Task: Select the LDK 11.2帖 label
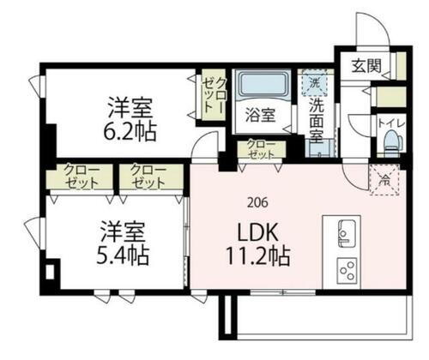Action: [x=257, y=243]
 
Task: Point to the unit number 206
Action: [x=257, y=203]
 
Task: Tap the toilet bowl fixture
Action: [x=392, y=141]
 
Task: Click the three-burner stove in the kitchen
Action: [x=347, y=271]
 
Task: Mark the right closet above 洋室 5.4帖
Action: [x=149, y=177]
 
